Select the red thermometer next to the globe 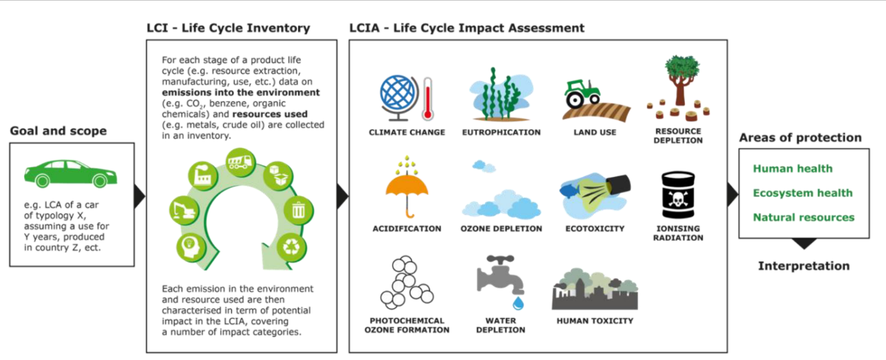coord(427,100)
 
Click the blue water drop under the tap coord(517,302)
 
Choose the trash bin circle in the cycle coord(298,210)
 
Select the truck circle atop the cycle coord(239,163)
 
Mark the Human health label coord(793,169)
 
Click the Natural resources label coord(803,218)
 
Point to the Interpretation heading coord(804,267)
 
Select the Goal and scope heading coord(58,131)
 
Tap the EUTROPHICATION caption coord(501,132)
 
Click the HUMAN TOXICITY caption coord(595,321)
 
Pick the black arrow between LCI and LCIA coord(342,196)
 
